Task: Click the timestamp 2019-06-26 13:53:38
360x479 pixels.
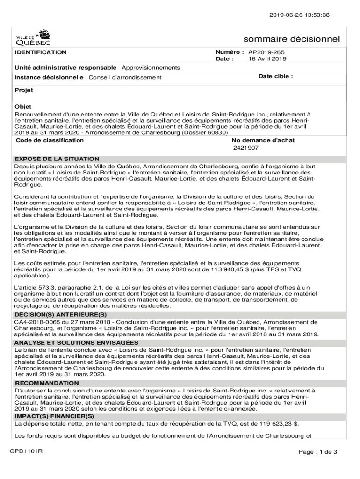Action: [x=302, y=15]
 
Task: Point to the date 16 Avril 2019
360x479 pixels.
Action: [x=267, y=59]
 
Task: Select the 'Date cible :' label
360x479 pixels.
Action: [x=275, y=76]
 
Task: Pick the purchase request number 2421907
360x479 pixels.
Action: [x=246, y=148]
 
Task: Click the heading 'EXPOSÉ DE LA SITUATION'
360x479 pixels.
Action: [x=57, y=159]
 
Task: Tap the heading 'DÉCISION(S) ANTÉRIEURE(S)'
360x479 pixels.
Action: [x=61, y=315]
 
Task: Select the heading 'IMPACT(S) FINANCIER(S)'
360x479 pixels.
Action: [x=54, y=416]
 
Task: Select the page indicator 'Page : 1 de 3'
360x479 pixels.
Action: [x=318, y=452]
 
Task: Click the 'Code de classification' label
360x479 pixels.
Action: [x=50, y=140]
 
